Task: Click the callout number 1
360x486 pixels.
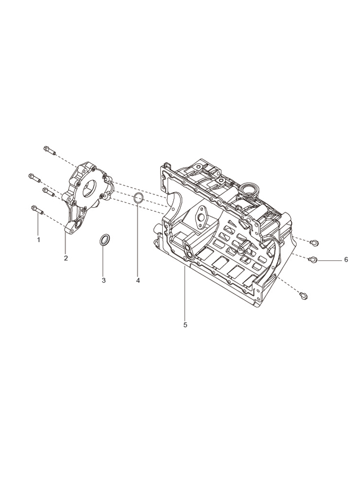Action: click(x=39, y=240)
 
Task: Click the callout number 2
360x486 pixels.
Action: click(x=66, y=258)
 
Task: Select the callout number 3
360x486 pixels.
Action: click(x=104, y=280)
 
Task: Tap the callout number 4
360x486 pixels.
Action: click(x=138, y=280)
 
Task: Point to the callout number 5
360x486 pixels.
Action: click(x=185, y=325)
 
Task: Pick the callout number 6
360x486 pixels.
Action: click(x=346, y=259)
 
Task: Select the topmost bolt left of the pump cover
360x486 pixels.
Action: click(x=50, y=151)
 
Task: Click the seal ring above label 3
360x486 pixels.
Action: click(x=104, y=239)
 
